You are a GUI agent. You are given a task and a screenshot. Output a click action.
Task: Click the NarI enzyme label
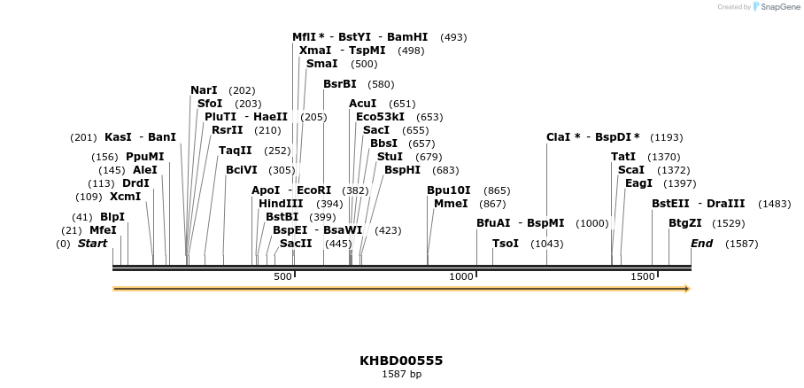coord(204,90)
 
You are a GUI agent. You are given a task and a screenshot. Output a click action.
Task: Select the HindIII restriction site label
coord(281,204)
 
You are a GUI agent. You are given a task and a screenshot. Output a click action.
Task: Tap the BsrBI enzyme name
coord(340,84)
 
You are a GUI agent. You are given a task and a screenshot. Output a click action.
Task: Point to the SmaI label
coord(321,64)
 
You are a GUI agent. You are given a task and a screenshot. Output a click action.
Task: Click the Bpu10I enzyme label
coord(449,190)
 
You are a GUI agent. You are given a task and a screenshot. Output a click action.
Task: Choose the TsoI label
coord(506,244)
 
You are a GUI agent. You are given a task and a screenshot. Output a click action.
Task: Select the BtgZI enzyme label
coord(684,223)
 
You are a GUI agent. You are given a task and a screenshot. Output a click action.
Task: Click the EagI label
coord(638,183)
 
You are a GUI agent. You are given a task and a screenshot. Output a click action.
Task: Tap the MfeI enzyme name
coord(103,230)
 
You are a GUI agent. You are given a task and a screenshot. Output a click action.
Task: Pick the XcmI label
coord(125,197)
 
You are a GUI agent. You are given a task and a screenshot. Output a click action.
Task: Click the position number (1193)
coord(667,138)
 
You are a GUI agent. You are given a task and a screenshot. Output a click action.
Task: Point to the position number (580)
coord(381,84)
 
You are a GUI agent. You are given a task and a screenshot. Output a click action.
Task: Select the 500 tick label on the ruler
coord(282,277)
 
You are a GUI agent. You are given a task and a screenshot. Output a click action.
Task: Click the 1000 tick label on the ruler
coord(461,277)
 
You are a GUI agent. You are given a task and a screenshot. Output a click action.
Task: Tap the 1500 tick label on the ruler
coord(643,277)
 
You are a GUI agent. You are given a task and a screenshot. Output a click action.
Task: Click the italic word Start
coord(92,244)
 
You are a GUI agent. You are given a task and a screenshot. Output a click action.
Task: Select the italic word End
coord(701,244)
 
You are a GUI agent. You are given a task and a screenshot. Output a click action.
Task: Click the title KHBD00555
coord(401,361)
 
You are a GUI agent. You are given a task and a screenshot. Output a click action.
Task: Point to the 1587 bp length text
coord(401,375)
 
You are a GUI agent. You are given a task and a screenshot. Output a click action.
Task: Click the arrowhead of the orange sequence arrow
coord(685,288)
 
